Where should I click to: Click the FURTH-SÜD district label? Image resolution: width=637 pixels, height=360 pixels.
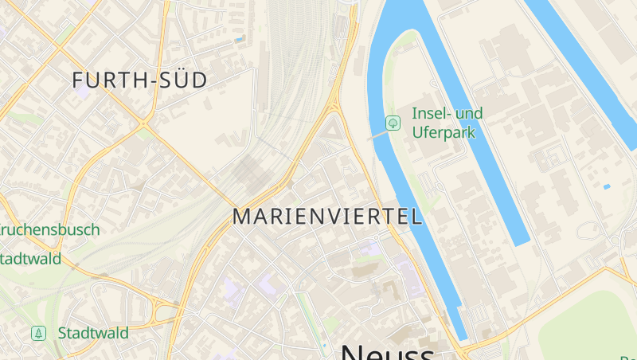139,80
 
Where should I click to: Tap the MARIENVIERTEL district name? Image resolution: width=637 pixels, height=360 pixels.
326,217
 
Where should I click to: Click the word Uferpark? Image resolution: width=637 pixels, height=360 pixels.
443,132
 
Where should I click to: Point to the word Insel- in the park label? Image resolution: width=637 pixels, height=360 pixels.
430,113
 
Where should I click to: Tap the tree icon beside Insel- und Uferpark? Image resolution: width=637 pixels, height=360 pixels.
392,123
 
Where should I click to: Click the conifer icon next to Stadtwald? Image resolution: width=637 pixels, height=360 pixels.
38,333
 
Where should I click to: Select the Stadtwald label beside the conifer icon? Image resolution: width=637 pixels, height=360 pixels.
93,333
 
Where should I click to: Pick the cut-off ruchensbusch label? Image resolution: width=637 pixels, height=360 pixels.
49,230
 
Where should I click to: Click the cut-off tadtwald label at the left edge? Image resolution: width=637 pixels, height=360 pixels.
30,258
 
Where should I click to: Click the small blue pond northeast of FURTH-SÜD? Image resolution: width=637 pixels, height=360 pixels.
238,38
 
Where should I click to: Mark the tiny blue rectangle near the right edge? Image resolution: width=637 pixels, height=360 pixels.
607,186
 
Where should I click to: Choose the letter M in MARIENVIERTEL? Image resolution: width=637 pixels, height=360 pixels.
243,217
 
